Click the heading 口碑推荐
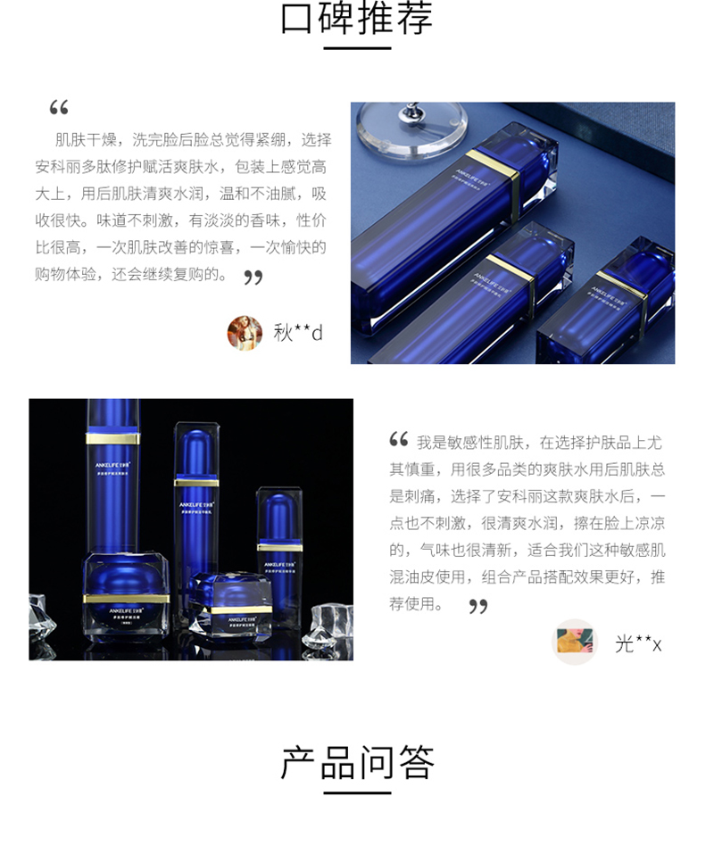pyautogui.click(x=357, y=19)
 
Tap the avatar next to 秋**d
pyautogui.click(x=245, y=333)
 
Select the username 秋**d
pyautogui.click(x=298, y=333)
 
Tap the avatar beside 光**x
pyautogui.click(x=575, y=642)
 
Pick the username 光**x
pyautogui.click(x=638, y=643)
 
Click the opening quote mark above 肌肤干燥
pyautogui.click(x=59, y=108)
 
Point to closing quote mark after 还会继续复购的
pyautogui.click(x=253, y=277)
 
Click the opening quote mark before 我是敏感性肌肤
pyautogui.click(x=399, y=439)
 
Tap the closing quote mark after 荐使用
pyautogui.click(x=478, y=607)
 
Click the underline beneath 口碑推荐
pyautogui.click(x=357, y=47)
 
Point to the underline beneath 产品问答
pyautogui.click(x=357, y=792)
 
